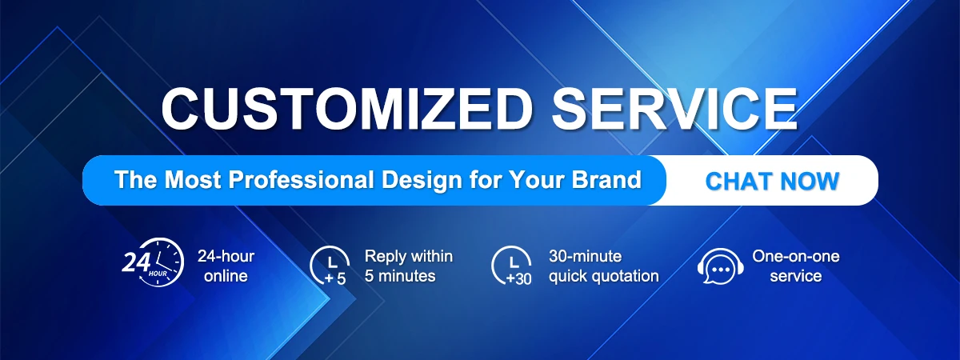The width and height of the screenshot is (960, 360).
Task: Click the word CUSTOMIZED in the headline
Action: (x=347, y=108)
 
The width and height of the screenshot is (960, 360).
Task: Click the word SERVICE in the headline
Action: (x=674, y=108)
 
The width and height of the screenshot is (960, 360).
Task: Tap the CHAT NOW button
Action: (x=772, y=181)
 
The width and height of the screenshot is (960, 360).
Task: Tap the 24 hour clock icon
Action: (x=153, y=262)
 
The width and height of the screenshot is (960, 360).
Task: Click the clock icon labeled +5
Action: (x=330, y=266)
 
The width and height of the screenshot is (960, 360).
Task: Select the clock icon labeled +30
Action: (x=512, y=266)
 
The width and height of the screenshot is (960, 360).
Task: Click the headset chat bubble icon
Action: (x=721, y=266)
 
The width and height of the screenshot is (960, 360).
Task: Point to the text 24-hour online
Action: (x=226, y=266)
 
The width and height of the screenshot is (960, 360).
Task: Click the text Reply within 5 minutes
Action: (x=409, y=266)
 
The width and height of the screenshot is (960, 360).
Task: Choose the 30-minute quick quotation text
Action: (x=603, y=266)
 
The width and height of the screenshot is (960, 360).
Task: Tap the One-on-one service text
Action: (x=796, y=266)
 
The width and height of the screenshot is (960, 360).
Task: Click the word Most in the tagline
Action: (x=193, y=179)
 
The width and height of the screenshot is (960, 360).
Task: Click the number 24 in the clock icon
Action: (x=136, y=262)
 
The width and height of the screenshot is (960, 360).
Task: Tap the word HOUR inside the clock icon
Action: (x=158, y=274)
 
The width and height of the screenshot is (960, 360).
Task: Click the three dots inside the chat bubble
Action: (x=721, y=270)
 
